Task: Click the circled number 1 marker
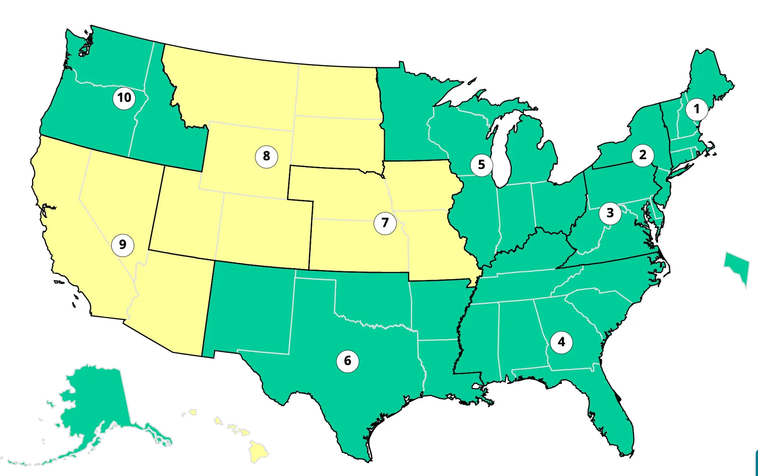pos(696,109)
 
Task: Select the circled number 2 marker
pos(642,155)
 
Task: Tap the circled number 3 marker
pos(610,213)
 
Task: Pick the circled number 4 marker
pos(561,342)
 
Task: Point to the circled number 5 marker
pos(481,165)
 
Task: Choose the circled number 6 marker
pos(347,361)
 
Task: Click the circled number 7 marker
pos(385,223)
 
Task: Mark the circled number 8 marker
pos(266,156)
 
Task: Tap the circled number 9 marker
pos(122,245)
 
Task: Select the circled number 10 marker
pos(124,98)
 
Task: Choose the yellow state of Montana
pos(237,90)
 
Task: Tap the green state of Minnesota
pos(407,118)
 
